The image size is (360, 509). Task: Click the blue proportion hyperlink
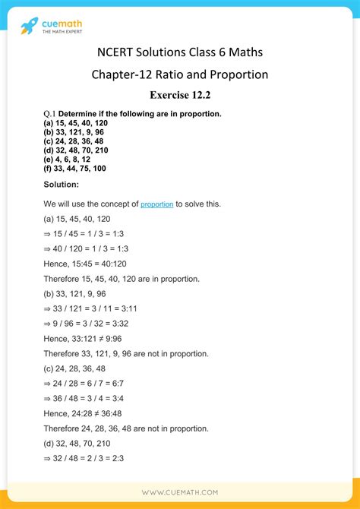point(157,204)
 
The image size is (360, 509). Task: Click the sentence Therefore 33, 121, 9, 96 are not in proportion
point(125,353)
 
